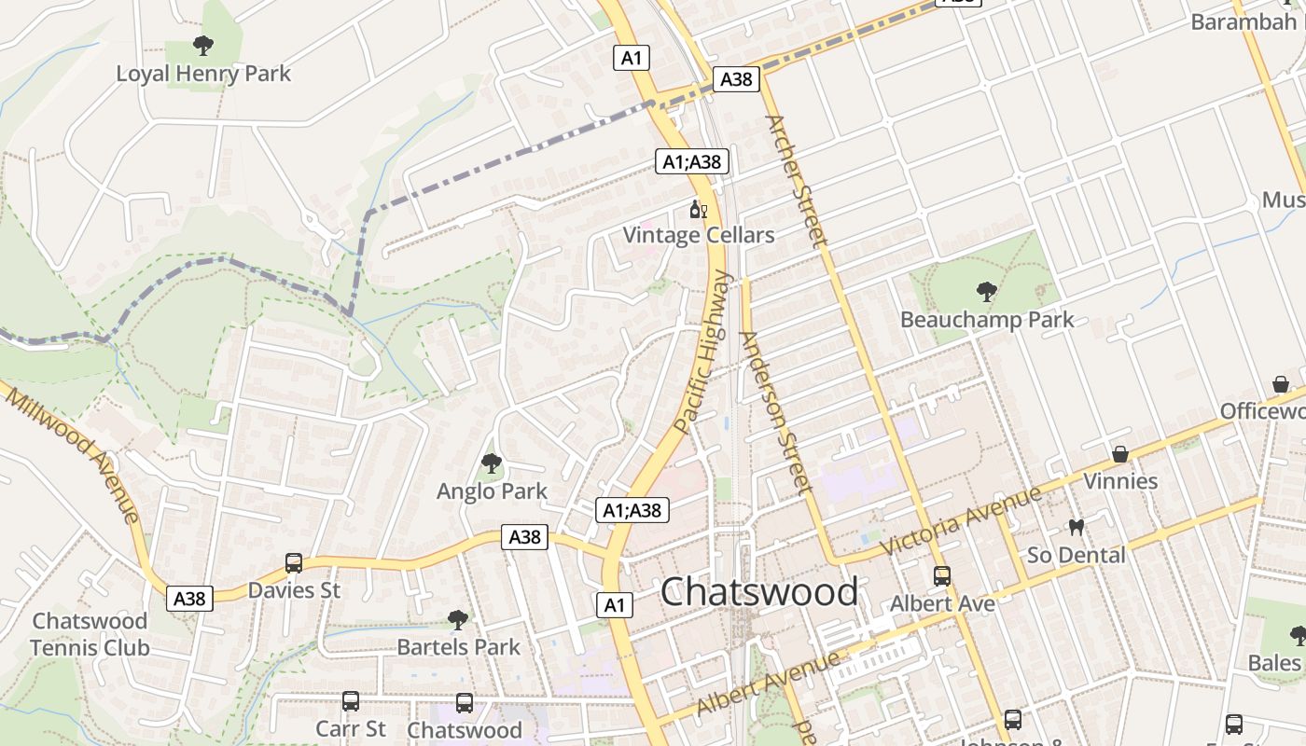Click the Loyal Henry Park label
click(x=203, y=74)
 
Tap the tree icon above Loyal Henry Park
click(x=202, y=45)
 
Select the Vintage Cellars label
click(x=699, y=235)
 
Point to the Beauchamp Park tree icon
click(x=986, y=292)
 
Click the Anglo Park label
click(x=492, y=490)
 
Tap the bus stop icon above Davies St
click(x=294, y=563)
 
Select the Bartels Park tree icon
click(x=457, y=619)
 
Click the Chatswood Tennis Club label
click(x=90, y=634)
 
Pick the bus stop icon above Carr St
click(x=351, y=701)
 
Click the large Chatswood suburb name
click(x=759, y=592)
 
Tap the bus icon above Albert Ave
click(x=942, y=576)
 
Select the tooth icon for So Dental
click(x=1076, y=528)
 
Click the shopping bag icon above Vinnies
click(x=1120, y=454)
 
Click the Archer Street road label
click(x=796, y=180)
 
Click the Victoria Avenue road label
click(x=960, y=522)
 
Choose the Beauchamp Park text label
click(x=987, y=320)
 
